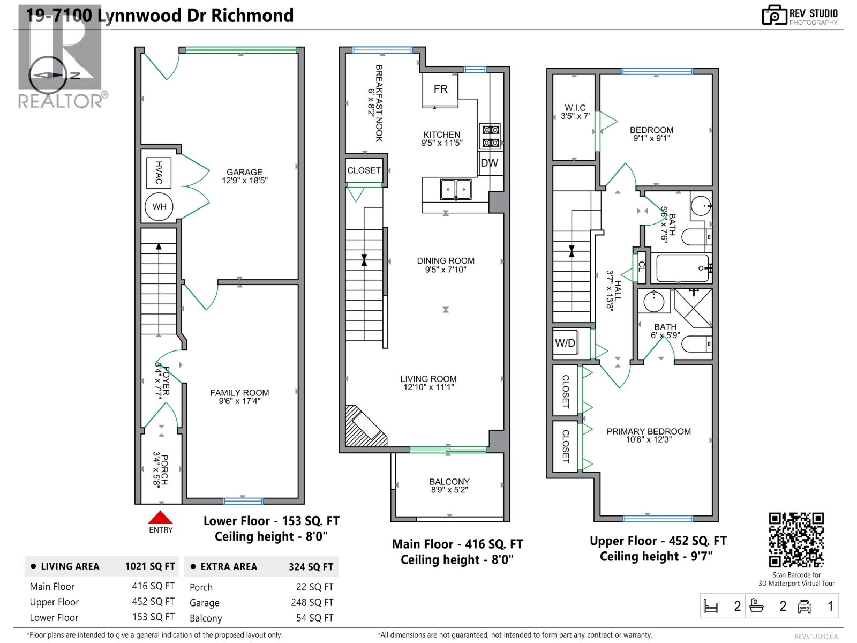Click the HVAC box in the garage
(x=159, y=173)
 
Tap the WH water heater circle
(x=159, y=206)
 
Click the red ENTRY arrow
(x=160, y=518)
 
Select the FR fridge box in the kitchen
(x=440, y=89)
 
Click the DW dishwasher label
(x=489, y=163)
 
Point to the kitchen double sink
(x=456, y=189)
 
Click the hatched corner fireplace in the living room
(x=363, y=428)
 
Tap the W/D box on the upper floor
(x=566, y=343)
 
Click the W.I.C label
(x=575, y=108)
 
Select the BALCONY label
(x=449, y=482)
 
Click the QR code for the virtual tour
(x=796, y=540)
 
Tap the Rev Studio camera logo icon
(x=774, y=16)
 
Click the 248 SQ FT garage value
(x=312, y=603)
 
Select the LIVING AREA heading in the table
(x=70, y=566)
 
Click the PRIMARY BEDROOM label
(x=648, y=431)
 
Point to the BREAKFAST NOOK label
(x=378, y=103)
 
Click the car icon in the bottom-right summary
(x=805, y=607)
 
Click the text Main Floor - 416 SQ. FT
(x=457, y=544)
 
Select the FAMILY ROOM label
(x=239, y=393)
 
